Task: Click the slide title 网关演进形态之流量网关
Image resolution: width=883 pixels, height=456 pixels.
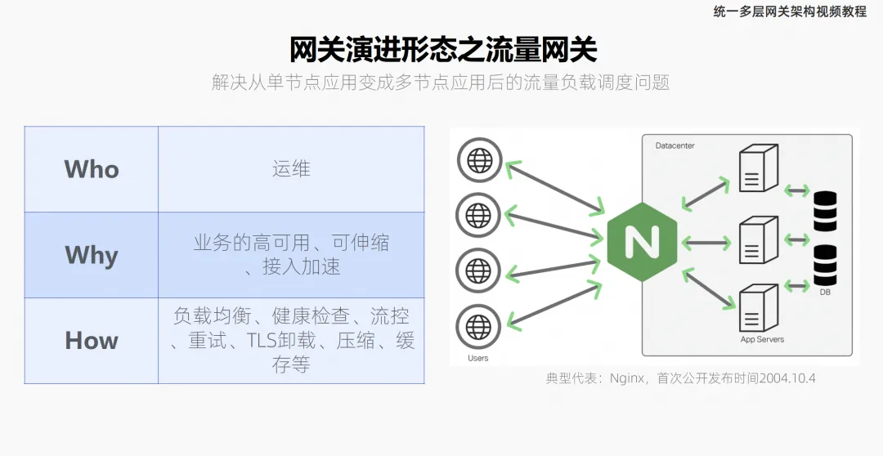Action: pyautogui.click(x=443, y=50)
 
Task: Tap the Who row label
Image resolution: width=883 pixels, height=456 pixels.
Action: pyautogui.click(x=92, y=169)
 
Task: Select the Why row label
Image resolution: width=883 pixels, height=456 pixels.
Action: pyautogui.click(x=92, y=255)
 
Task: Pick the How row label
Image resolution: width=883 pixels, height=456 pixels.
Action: pyautogui.click(x=92, y=341)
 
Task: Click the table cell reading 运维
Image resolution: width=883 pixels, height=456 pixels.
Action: pyautogui.click(x=291, y=169)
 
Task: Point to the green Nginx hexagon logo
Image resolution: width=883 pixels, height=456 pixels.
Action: pyautogui.click(x=643, y=241)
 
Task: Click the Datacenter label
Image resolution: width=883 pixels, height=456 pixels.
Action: pyautogui.click(x=675, y=145)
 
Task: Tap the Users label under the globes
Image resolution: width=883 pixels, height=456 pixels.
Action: pyautogui.click(x=477, y=358)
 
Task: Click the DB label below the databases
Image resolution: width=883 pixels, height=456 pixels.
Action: pyautogui.click(x=825, y=291)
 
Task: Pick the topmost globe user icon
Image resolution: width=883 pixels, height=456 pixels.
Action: pyautogui.click(x=478, y=160)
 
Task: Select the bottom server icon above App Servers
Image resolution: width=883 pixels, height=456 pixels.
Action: pyautogui.click(x=755, y=306)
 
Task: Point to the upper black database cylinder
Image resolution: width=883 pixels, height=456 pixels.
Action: pyautogui.click(x=826, y=210)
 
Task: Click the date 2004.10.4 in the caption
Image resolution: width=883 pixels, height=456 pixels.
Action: pyautogui.click(x=788, y=378)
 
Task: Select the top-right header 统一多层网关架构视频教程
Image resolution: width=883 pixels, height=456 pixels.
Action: pyautogui.click(x=789, y=11)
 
